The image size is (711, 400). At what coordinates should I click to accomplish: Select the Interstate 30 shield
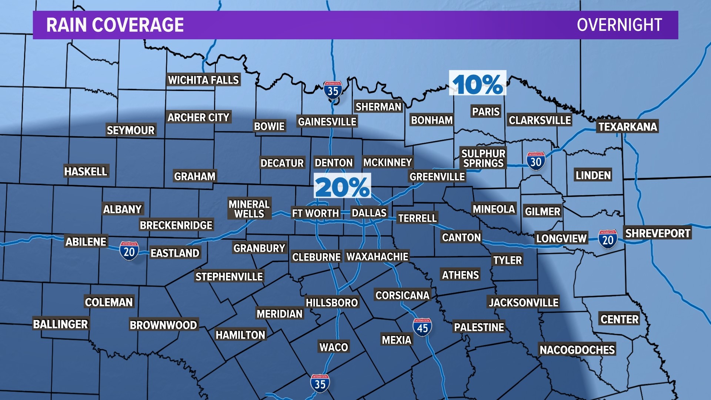pyautogui.click(x=535, y=161)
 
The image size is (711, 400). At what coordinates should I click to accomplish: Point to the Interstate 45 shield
pyautogui.click(x=422, y=327)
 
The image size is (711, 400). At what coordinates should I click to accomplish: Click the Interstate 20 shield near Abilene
pyautogui.click(x=129, y=251)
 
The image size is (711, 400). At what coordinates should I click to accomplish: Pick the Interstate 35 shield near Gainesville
pyautogui.click(x=333, y=90)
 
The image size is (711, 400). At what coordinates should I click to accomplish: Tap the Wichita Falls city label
pyautogui.click(x=203, y=80)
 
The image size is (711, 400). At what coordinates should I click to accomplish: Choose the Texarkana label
pyautogui.click(x=628, y=127)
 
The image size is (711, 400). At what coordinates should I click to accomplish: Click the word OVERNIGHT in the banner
pyautogui.click(x=619, y=25)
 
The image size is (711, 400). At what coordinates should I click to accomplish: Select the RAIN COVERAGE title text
pyautogui.click(x=115, y=25)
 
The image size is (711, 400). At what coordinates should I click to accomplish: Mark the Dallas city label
pyautogui.click(x=369, y=213)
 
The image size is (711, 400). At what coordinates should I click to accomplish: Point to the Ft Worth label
pyautogui.click(x=316, y=213)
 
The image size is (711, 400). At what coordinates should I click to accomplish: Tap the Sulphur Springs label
pyautogui.click(x=483, y=159)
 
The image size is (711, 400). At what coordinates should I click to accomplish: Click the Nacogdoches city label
pyautogui.click(x=577, y=350)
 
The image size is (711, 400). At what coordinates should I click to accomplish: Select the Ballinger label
pyautogui.click(x=60, y=324)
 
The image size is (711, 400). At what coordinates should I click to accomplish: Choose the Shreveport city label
pyautogui.click(x=658, y=233)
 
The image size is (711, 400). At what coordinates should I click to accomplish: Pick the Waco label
pyautogui.click(x=334, y=347)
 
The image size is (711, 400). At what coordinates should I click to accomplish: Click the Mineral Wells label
pyautogui.click(x=249, y=209)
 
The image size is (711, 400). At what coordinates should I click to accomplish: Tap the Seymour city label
pyautogui.click(x=130, y=130)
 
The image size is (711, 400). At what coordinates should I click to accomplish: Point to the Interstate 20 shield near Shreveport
pyautogui.click(x=608, y=239)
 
